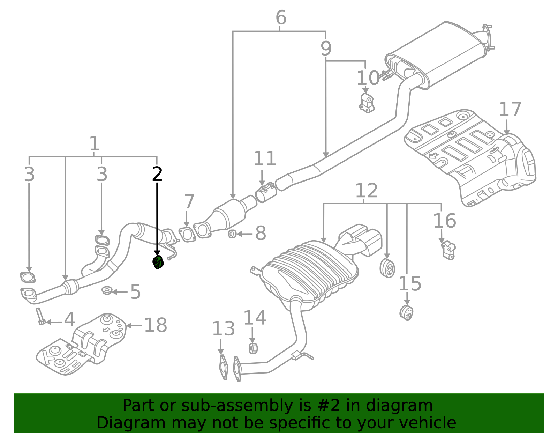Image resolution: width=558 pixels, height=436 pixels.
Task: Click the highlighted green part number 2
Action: [x=158, y=263]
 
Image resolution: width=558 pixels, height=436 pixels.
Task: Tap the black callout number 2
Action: [x=157, y=174]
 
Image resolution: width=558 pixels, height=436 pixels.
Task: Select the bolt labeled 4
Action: [x=40, y=316]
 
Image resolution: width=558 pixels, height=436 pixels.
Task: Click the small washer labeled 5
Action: [x=107, y=290]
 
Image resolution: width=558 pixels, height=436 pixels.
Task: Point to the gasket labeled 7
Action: [x=187, y=234]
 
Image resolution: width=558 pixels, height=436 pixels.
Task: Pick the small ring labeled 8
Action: [x=232, y=234]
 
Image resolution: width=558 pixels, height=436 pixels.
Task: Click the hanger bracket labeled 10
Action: [x=367, y=103]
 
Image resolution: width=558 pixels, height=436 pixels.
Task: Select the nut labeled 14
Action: [x=253, y=348]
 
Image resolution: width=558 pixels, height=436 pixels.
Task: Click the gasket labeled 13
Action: [x=223, y=367]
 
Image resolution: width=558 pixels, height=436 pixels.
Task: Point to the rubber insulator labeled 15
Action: [x=406, y=312]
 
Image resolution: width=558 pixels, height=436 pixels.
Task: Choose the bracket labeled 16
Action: [x=448, y=250]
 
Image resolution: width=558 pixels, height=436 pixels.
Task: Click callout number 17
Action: [x=510, y=110]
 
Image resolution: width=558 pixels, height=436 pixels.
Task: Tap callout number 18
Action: [x=156, y=325]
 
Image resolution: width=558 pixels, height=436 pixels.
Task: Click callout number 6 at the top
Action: [x=281, y=17]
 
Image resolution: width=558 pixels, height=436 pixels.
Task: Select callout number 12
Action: [x=366, y=191]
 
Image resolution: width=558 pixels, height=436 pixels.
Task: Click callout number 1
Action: [x=94, y=144]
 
